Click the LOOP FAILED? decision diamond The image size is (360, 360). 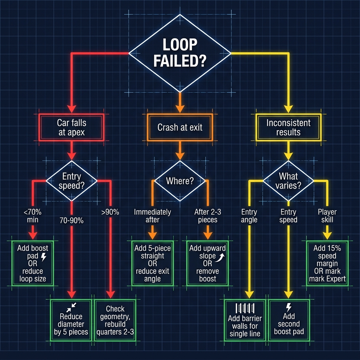[180, 53]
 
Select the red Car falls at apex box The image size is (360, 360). [71, 127]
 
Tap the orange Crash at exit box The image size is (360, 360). [180, 127]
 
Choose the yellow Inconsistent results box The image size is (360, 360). [288, 127]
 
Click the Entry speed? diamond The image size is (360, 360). [71, 181]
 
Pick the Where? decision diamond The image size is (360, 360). [180, 181]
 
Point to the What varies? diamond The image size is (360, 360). [288, 181]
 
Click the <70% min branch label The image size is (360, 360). [33, 216]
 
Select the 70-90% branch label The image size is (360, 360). [71, 220]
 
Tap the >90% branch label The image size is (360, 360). [110, 212]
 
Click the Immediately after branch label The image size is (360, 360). [152, 216]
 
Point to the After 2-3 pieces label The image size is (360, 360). [208, 216]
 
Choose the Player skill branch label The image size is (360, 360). [327, 216]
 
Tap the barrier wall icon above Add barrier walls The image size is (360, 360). [245, 308]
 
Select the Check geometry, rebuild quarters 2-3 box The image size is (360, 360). [115, 320]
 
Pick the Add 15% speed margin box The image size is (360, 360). [327, 263]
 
